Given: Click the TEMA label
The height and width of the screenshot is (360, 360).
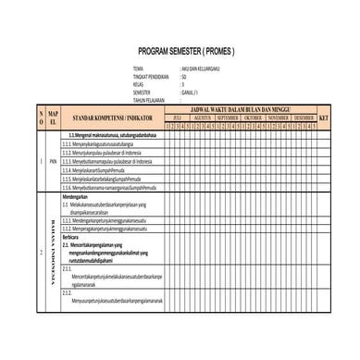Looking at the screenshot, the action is coord(138,69).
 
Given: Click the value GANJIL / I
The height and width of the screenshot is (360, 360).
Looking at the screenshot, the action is coord(192,93).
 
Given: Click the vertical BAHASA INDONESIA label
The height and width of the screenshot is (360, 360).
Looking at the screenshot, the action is coord(54,250).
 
